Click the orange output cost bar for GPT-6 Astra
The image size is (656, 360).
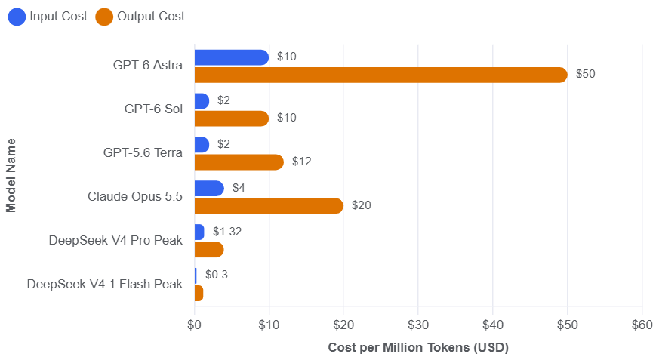point(380,75)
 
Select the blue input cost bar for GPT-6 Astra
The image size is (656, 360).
point(232,57)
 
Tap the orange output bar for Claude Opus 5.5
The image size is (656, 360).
point(269,206)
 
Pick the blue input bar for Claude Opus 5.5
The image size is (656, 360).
point(209,188)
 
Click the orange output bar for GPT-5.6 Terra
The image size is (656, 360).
point(239,162)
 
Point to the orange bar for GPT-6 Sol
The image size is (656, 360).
point(232,118)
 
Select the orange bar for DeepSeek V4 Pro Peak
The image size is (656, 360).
point(209,250)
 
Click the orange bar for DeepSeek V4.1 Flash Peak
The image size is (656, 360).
point(199,293)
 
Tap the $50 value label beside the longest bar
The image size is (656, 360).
point(585,74)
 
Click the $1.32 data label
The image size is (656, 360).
point(227,232)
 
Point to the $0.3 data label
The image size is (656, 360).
point(217,275)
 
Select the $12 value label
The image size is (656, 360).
point(302,162)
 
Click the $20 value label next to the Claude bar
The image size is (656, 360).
point(362,205)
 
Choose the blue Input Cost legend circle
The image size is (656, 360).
point(17,17)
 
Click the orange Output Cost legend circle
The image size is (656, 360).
point(104,17)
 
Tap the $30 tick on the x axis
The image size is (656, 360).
point(418,325)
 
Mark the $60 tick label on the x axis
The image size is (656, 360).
point(642,325)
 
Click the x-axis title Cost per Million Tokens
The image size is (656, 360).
point(418,347)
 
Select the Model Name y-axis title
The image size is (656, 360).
point(11,176)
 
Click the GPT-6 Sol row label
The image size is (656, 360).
point(153,109)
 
